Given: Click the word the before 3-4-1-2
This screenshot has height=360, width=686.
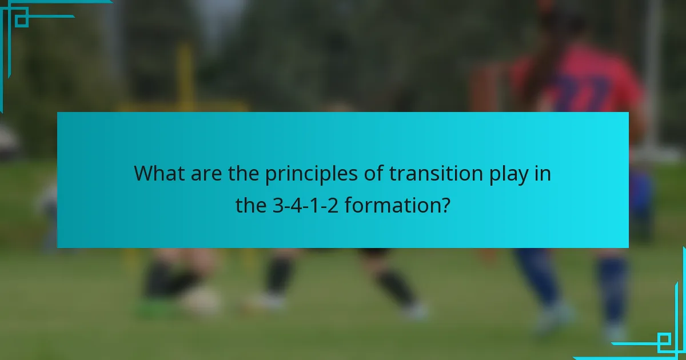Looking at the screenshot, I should coord(250,205).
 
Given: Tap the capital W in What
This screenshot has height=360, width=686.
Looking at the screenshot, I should coord(143,173).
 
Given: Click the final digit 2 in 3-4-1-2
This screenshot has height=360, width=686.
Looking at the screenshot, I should coord(333,205).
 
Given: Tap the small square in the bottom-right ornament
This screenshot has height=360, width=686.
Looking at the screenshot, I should coord(664,342).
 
